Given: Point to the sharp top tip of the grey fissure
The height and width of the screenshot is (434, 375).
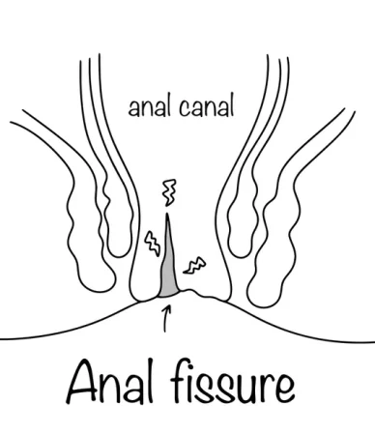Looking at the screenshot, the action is (167, 214).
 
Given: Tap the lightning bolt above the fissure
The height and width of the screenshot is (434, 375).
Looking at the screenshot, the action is (170, 192).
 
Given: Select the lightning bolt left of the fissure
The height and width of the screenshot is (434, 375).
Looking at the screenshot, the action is (152, 243).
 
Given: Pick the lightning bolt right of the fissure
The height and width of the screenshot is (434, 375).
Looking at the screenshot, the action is (194, 266).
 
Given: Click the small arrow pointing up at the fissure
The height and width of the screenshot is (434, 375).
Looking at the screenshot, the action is (166, 319).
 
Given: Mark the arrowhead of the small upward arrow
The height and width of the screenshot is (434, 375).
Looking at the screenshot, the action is (167, 308).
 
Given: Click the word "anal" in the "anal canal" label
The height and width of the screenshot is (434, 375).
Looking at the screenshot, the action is (149, 106).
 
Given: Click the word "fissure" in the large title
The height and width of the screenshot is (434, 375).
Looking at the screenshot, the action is (232, 383).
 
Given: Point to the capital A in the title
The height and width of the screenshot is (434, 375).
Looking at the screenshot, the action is (82, 382).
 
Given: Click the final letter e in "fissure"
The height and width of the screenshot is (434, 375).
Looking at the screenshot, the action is (282, 388).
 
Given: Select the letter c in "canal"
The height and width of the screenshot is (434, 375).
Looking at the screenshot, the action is (185, 108).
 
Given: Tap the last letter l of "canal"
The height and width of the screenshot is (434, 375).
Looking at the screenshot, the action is (231, 104).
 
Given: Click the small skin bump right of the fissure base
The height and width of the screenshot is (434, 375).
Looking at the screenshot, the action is (190, 292).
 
